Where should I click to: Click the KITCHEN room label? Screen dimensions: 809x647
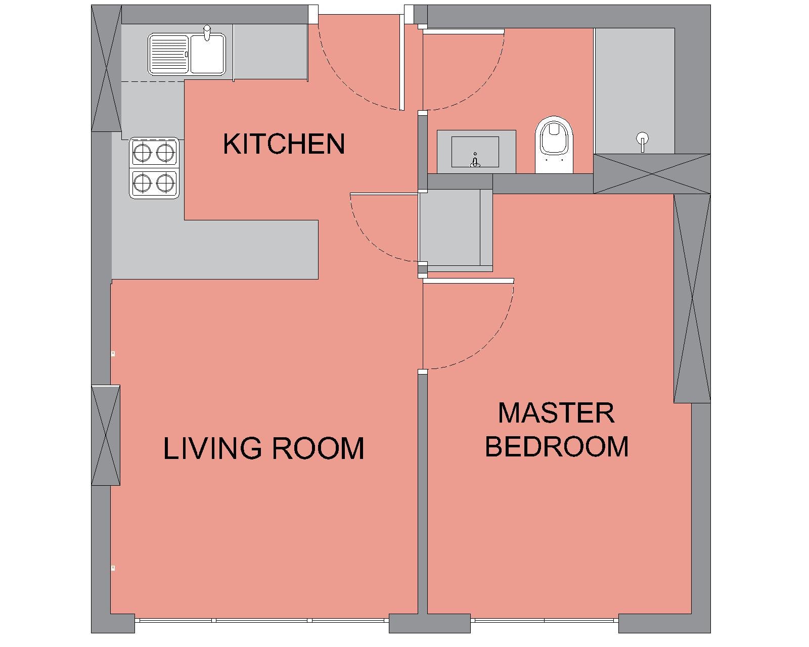click(284, 144)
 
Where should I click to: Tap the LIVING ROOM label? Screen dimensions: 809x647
click(263, 448)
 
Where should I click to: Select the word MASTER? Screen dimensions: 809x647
click(557, 413)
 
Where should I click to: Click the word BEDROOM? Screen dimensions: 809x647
click(557, 447)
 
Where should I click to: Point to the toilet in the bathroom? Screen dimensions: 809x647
click(554, 145)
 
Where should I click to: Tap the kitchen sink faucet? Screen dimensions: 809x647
click(207, 32)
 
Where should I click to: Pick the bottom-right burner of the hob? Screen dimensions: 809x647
click(165, 183)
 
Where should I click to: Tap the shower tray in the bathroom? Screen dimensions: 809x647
click(634, 91)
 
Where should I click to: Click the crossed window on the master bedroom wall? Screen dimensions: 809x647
click(692, 299)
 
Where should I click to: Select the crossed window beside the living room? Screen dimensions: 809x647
click(106, 435)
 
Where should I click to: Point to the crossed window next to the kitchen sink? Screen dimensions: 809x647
click(106, 68)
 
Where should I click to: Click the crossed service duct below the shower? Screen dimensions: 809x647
click(652, 174)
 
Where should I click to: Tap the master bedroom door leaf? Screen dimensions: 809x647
click(468, 281)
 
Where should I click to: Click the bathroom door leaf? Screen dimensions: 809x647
click(464, 31)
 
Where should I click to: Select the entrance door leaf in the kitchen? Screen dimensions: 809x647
click(402, 62)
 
